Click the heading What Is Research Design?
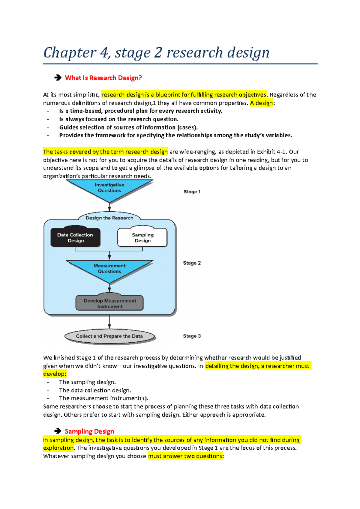[103, 78]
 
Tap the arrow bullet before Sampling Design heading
[58, 431]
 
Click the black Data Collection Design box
[75, 238]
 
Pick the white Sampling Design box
[142, 238]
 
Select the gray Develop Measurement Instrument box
[109, 303]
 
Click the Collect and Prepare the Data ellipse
[109, 336]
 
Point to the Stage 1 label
[192, 192]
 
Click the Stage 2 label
[192, 263]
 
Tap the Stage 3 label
[192, 336]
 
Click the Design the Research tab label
[109, 218]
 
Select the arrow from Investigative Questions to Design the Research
[109, 207]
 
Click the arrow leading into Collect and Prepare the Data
[109, 322]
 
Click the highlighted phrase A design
[261, 103]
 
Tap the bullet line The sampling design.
[87, 382]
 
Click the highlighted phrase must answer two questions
[185, 456]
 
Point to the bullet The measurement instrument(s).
[103, 398]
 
